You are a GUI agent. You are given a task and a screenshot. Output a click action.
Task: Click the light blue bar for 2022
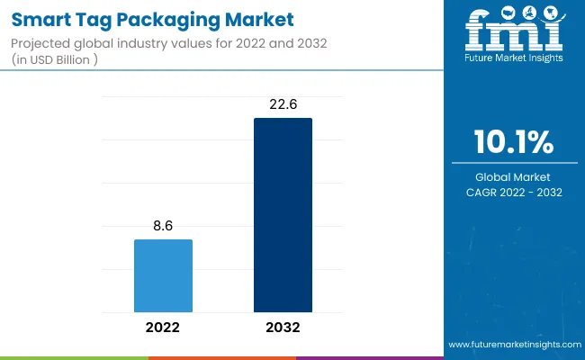(163, 275)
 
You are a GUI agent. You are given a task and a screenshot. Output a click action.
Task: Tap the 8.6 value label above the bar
(163, 227)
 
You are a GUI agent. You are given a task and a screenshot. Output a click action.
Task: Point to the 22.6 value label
(283, 105)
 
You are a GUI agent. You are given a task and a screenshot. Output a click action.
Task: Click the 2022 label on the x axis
(163, 328)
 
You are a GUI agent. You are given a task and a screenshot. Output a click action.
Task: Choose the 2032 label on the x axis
(283, 328)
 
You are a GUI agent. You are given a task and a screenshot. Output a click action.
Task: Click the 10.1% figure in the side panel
(514, 142)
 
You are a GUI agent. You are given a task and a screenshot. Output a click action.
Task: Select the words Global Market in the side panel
(514, 176)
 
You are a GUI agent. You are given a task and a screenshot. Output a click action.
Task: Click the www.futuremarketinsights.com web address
(514, 345)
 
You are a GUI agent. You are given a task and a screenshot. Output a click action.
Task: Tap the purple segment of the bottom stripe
(369, 357)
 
